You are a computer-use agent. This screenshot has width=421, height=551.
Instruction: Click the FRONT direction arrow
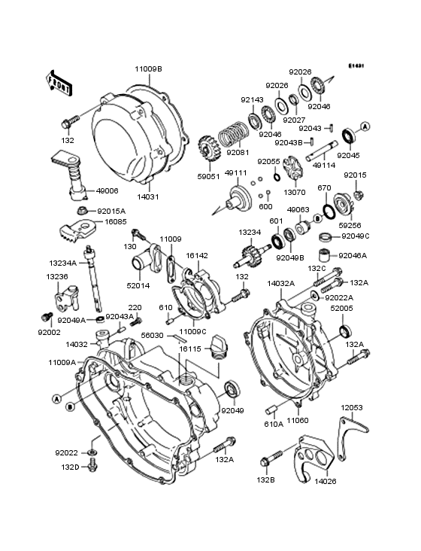tap(59, 83)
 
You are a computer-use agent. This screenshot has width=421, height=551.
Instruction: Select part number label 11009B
tap(149, 69)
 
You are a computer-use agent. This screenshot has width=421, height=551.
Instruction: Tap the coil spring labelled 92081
tap(234, 134)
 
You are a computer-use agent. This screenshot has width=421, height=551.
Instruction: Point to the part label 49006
tap(107, 190)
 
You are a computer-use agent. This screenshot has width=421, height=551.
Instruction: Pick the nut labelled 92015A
tap(82, 211)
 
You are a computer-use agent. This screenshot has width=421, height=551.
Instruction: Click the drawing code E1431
tap(356, 65)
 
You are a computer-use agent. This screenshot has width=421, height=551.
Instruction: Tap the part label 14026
tap(326, 481)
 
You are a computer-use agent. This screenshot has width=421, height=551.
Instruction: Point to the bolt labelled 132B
tap(273, 458)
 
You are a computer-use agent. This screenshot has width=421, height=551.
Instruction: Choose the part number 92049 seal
tap(232, 388)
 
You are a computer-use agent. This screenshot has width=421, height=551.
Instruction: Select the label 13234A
tap(62, 263)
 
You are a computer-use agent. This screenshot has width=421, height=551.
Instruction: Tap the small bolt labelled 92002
tap(47, 317)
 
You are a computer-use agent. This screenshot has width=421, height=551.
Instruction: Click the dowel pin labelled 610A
tap(272, 409)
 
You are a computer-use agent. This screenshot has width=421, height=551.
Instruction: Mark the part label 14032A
tap(280, 284)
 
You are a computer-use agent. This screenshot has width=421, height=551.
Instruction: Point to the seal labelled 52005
tap(345, 331)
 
